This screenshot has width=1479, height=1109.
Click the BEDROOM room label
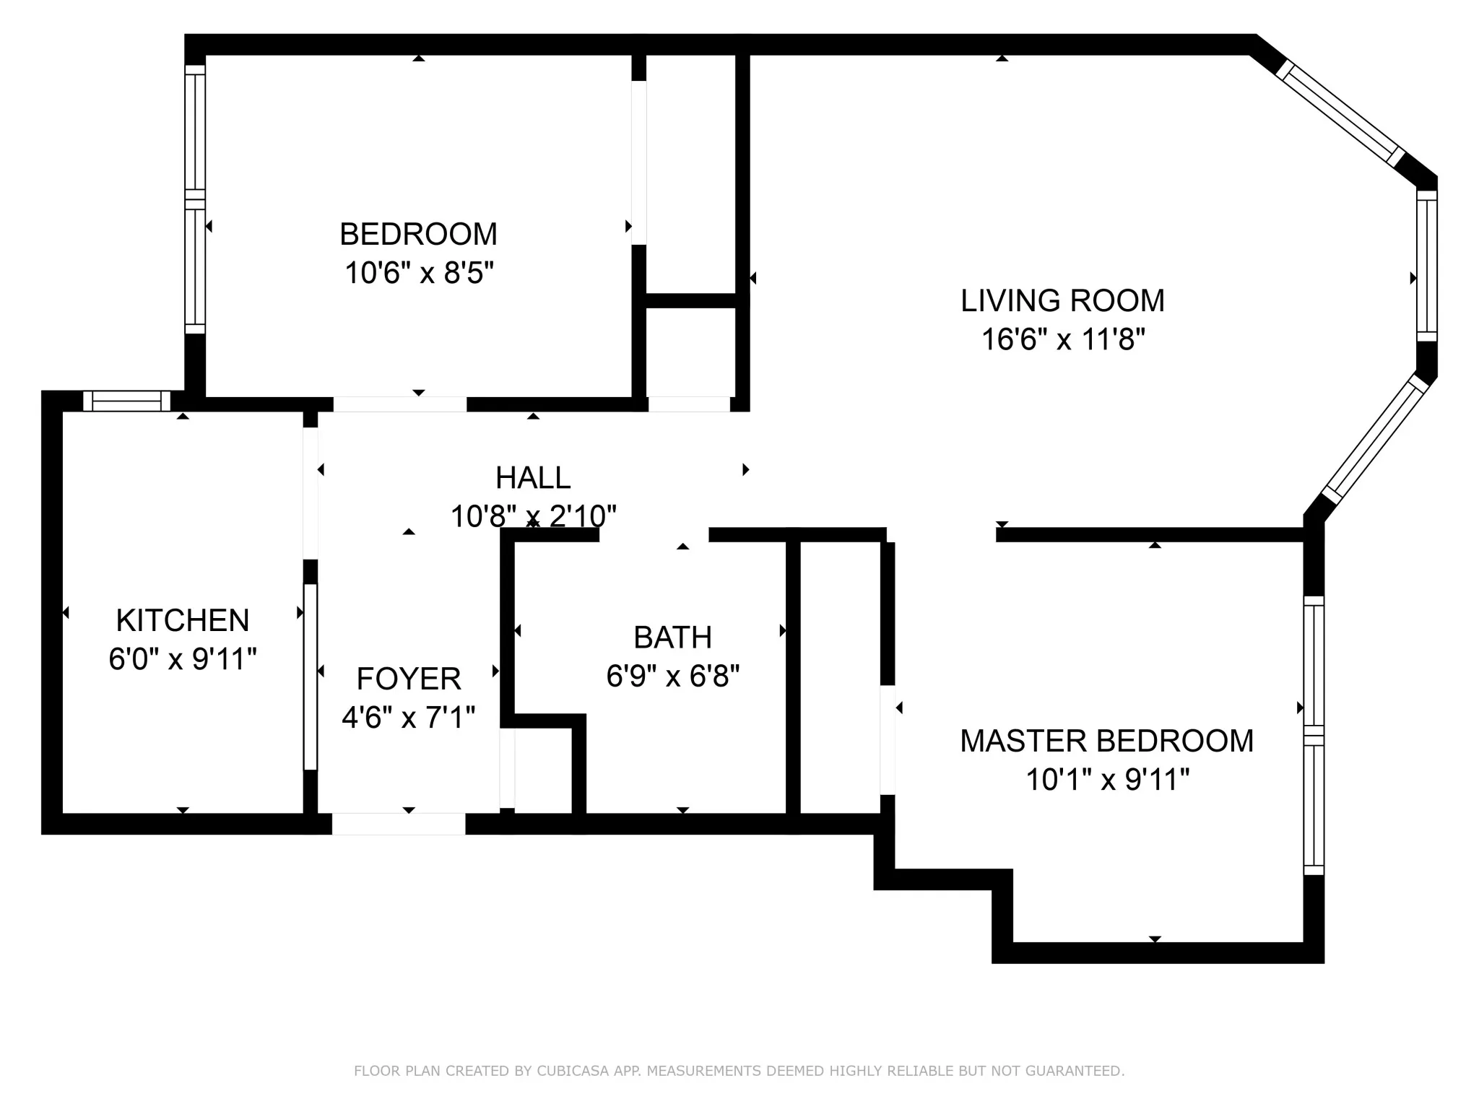tap(418, 234)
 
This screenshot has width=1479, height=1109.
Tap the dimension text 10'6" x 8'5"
tap(419, 273)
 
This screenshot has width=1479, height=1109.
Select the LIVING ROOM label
tap(1062, 300)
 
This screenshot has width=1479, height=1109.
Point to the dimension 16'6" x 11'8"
tap(1063, 339)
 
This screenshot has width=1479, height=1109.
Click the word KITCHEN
tap(183, 620)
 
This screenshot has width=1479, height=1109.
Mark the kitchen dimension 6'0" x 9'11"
tap(183, 658)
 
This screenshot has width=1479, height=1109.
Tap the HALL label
tap(533, 477)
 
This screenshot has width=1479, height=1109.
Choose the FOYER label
tap(409, 679)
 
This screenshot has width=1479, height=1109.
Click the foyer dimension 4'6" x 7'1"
tap(409, 717)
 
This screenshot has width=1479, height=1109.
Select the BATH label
tap(673, 638)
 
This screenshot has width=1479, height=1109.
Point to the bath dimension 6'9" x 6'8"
tap(673, 676)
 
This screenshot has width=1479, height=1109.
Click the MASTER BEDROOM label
tap(1107, 741)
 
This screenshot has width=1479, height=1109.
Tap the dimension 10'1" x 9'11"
tap(1108, 780)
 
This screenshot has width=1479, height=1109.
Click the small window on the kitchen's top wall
tap(126, 401)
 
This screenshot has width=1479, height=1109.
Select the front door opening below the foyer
tap(399, 824)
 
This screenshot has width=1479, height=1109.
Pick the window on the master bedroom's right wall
tap(1314, 736)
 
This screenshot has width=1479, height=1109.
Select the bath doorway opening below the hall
tap(654, 535)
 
